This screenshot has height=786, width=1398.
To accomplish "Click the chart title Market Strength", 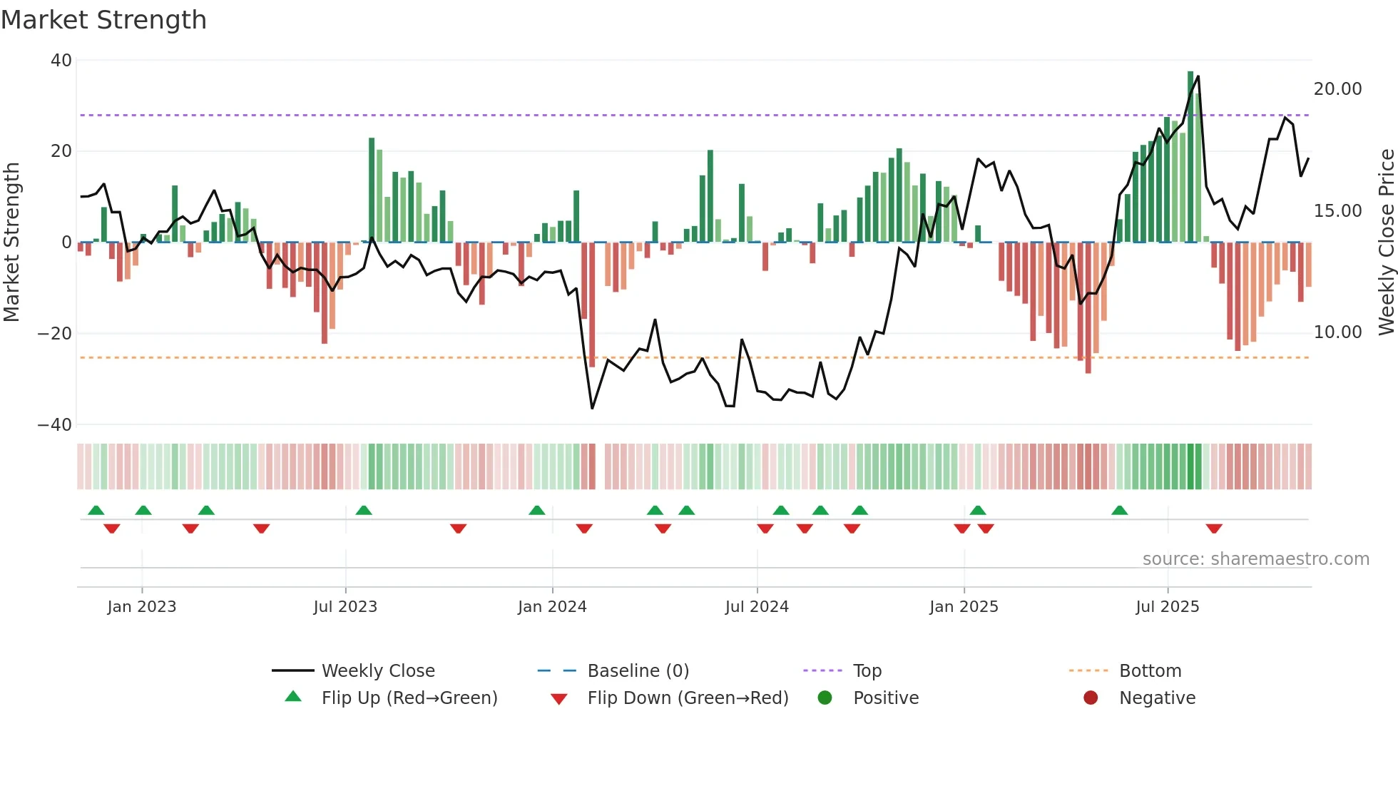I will tap(103, 20).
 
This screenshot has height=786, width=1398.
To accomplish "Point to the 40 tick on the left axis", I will tap(61, 61).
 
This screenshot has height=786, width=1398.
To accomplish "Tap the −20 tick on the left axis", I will tap(55, 334).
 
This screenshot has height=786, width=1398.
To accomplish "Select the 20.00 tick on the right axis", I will tap(1337, 89).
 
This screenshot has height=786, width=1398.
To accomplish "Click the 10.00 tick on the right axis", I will tap(1337, 332).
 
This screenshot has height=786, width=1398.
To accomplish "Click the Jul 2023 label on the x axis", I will tap(345, 607).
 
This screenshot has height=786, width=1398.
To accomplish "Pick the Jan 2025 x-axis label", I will tap(964, 607).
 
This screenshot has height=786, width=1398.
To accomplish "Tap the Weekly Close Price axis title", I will tap(1386, 243).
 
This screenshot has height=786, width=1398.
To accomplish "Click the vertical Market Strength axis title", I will tap(12, 243).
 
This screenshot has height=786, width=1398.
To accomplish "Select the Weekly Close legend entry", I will tap(378, 671).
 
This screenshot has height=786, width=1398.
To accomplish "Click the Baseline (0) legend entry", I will tap(638, 671).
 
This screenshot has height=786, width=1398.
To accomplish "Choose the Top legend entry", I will tap(867, 671).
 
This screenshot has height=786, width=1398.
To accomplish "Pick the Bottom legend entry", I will tap(1150, 671).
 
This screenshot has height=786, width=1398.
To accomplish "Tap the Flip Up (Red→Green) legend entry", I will tap(409, 698).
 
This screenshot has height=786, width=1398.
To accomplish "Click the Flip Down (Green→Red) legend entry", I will tap(688, 698).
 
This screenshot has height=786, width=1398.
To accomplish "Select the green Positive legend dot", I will tap(825, 698).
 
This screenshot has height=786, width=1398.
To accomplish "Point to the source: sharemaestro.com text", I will tap(1255, 559).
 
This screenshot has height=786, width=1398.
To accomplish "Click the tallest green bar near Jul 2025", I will tap(1190, 157).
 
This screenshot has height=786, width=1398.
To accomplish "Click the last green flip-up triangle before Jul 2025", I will tap(1119, 511).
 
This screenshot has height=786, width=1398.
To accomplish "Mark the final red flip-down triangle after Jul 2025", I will tap(1214, 529).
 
